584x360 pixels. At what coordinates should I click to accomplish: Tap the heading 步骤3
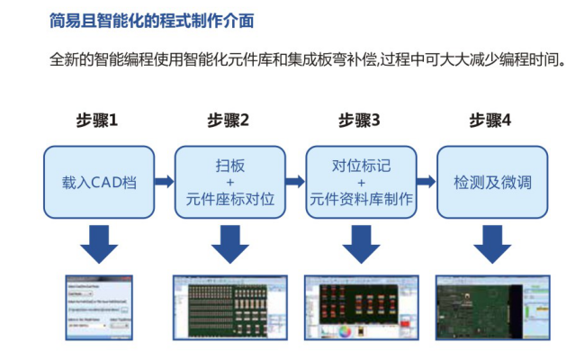(x=359, y=120)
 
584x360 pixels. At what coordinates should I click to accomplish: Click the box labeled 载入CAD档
(x=99, y=182)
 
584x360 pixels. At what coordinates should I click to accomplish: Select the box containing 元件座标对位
(x=229, y=182)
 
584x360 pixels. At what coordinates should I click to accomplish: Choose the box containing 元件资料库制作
(x=361, y=182)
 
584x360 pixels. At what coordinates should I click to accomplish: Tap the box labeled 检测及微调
(x=491, y=182)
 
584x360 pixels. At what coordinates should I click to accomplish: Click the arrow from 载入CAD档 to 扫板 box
(x=164, y=182)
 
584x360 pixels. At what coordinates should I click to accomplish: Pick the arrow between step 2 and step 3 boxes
(x=294, y=182)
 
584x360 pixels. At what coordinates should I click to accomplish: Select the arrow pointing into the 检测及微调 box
(x=426, y=182)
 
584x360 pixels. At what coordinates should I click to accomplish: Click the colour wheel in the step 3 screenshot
(x=343, y=330)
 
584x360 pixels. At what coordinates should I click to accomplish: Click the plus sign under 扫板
(x=229, y=182)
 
